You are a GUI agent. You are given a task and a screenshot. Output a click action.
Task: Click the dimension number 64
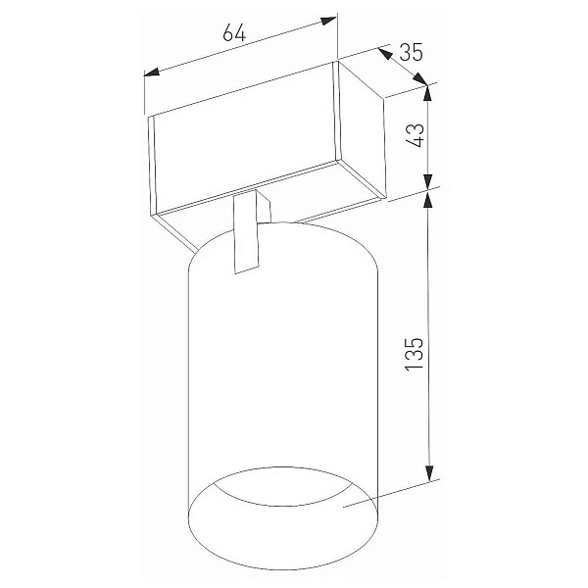[234, 32]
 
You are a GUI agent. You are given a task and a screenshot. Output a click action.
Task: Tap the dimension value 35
[411, 52]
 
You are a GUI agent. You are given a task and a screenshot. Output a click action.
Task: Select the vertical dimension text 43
[416, 135]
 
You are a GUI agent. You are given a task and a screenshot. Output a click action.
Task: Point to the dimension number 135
[415, 355]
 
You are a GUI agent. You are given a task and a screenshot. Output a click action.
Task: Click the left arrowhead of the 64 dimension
[151, 72]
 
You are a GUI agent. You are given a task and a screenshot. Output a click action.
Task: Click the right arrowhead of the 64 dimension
[328, 21]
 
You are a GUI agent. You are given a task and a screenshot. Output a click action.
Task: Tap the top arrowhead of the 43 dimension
[427, 93]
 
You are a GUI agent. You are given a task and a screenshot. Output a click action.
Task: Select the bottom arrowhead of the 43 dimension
[428, 182]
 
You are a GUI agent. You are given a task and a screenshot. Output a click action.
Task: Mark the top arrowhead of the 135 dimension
[428, 199]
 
